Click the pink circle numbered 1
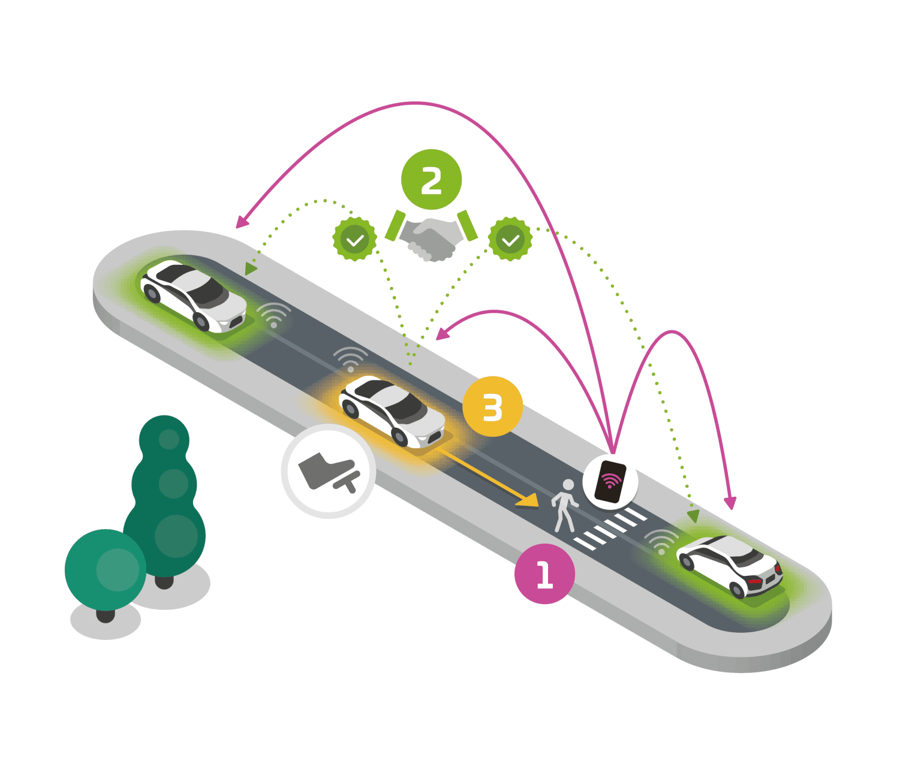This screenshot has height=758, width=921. [x=544, y=573]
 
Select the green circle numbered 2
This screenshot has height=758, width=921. [x=431, y=179]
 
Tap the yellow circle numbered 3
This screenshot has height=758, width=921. [x=492, y=406]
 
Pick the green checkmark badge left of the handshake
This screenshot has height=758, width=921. [x=354, y=239]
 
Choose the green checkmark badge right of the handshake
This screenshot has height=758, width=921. [x=510, y=239]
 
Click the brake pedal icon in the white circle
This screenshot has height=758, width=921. [x=329, y=471]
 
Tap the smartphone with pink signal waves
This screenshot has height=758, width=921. [x=610, y=481]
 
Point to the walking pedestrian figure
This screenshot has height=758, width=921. [x=564, y=505]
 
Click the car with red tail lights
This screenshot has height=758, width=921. [x=730, y=564]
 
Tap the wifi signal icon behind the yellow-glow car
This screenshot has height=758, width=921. [x=350, y=359]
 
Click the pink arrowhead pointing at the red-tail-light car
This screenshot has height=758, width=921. [x=730, y=503]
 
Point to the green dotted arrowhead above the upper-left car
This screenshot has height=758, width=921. [x=250, y=268]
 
